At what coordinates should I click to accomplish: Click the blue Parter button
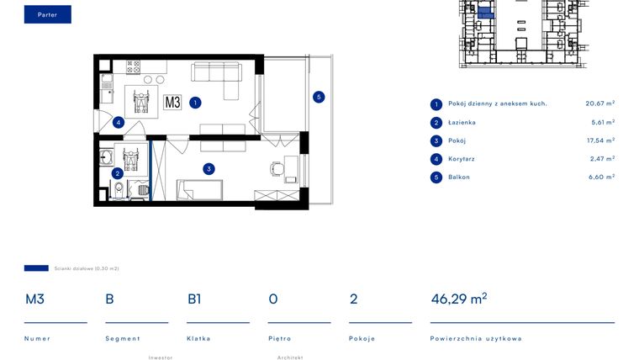(48, 14)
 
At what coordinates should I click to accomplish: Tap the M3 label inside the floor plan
(172, 102)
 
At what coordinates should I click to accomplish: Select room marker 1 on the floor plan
(195, 103)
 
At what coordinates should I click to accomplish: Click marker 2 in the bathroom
(118, 173)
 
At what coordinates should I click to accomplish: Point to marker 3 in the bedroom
(209, 169)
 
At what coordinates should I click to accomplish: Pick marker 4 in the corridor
(119, 122)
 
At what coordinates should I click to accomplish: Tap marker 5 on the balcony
(319, 97)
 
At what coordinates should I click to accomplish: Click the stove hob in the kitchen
(133, 66)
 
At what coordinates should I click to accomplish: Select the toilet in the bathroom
(119, 190)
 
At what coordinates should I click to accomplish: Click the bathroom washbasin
(107, 157)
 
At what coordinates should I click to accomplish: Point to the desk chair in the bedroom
(277, 168)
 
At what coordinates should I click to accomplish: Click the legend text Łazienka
(462, 122)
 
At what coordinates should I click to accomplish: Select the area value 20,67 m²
(599, 103)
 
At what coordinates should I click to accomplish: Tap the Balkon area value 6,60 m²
(601, 177)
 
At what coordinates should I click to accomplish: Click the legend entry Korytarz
(462, 159)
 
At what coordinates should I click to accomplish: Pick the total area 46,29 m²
(459, 299)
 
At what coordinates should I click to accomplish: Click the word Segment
(123, 338)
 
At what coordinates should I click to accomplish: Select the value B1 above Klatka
(194, 299)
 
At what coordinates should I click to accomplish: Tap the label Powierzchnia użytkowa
(476, 338)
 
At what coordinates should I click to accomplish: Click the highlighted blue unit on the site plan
(485, 13)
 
